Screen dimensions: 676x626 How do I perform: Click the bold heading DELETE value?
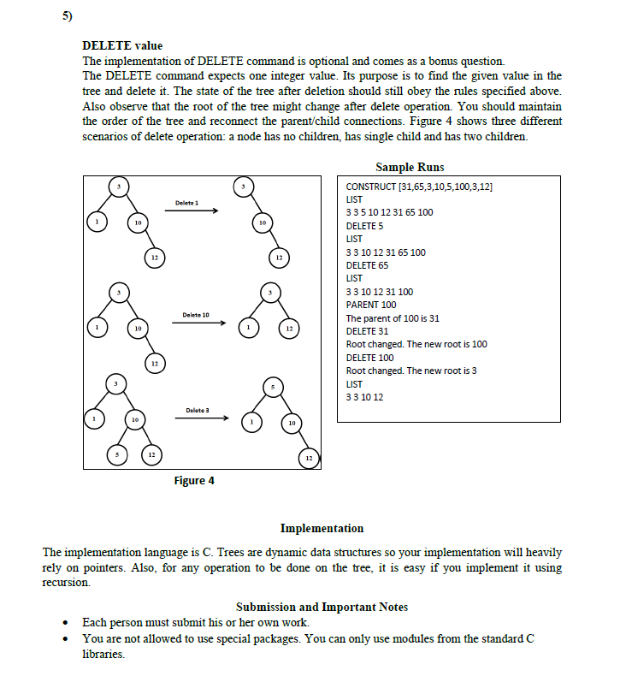121,45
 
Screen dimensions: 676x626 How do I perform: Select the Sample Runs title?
410,167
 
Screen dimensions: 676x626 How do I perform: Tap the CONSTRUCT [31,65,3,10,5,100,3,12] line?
419,186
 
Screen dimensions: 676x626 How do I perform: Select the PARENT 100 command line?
371,305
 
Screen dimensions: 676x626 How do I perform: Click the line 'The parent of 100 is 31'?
393,318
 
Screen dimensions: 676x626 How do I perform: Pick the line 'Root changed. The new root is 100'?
416,344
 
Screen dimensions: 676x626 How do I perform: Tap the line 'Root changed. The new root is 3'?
411,371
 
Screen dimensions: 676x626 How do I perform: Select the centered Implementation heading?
322,528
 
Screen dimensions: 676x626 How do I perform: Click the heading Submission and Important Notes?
322,607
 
